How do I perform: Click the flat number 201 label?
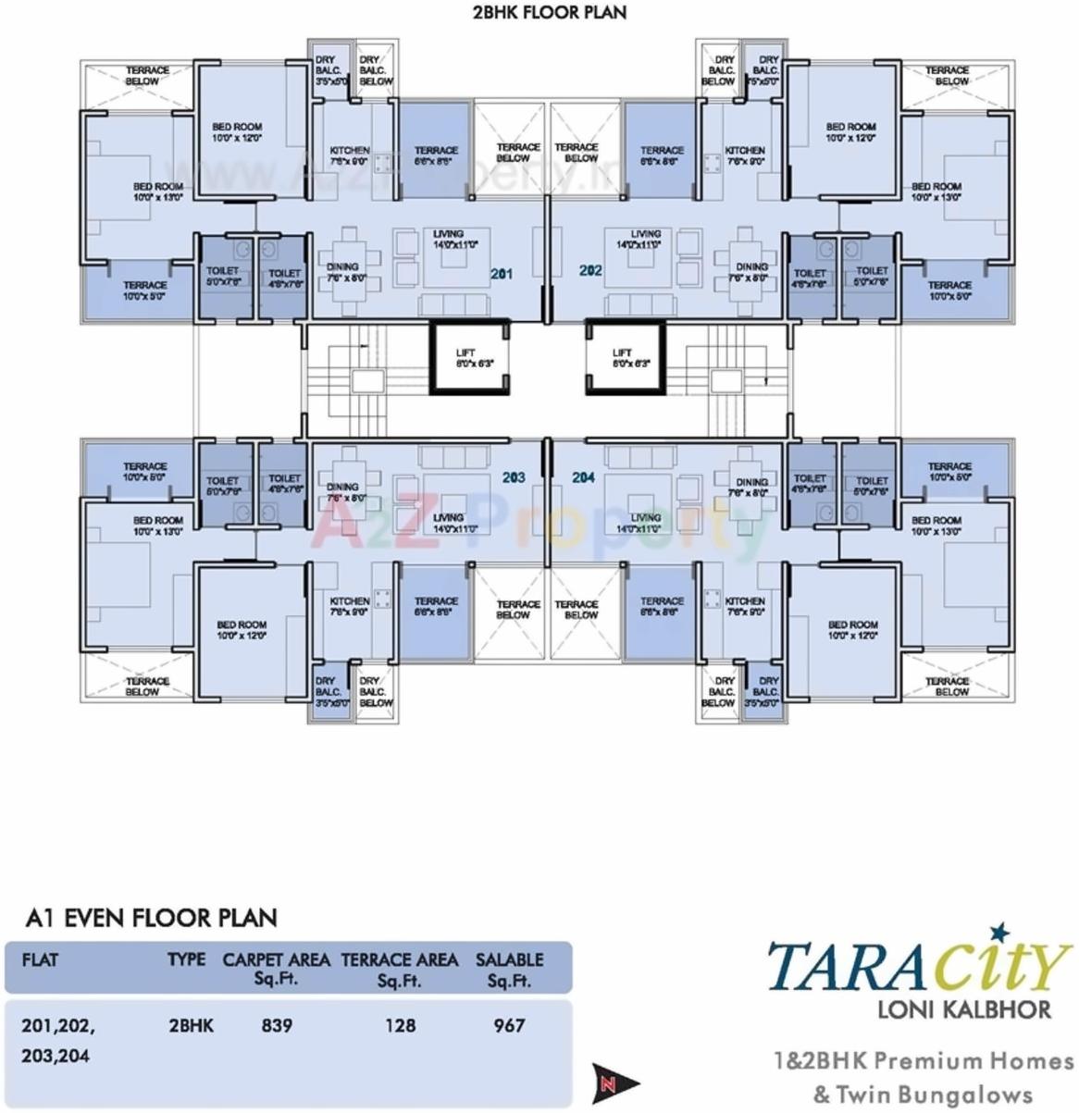(x=502, y=274)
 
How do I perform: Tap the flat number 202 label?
(x=590, y=271)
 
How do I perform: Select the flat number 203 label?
(x=514, y=477)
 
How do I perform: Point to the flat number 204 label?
(x=583, y=477)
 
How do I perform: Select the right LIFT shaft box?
(x=626, y=358)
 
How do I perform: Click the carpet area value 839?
(x=276, y=1025)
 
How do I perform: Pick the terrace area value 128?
(x=400, y=1025)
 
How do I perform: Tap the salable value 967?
(x=509, y=1025)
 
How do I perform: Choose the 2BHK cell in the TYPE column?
(x=192, y=1025)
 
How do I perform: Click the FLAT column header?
(x=40, y=959)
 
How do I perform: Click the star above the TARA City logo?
(x=997, y=930)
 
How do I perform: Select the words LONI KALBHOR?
(x=963, y=1009)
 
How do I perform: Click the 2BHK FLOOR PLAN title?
(x=548, y=12)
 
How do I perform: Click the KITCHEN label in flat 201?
(x=350, y=155)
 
